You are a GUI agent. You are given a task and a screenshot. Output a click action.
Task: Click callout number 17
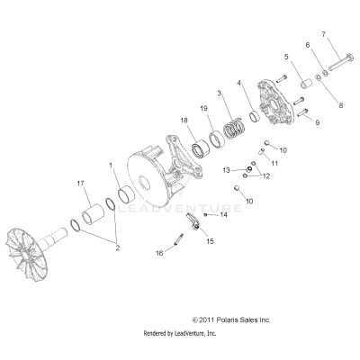point(80,184)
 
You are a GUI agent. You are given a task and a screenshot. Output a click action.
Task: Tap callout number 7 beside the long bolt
point(324,35)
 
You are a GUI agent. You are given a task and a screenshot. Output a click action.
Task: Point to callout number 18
point(184,119)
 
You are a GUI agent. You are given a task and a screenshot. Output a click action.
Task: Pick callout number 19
point(205,109)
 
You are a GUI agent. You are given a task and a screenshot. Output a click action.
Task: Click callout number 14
point(224,216)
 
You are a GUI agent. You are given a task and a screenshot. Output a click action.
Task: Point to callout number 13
point(226,168)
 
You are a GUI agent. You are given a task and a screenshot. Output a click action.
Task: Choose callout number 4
point(238,84)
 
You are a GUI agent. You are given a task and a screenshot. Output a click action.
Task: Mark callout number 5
point(286,56)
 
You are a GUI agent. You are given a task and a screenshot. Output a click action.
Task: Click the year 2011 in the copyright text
point(210,319)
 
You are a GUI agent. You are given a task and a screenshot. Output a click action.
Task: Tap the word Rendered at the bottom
point(158,333)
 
